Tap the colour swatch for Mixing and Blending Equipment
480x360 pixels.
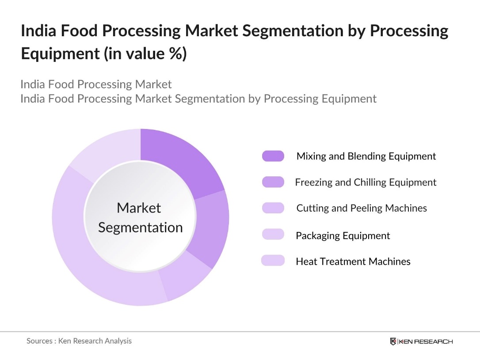coord(273,156)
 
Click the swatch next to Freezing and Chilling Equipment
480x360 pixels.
coord(273,182)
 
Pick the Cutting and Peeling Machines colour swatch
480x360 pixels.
coord(273,208)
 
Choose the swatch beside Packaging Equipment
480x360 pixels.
coord(273,235)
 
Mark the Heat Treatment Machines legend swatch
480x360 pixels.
coord(273,261)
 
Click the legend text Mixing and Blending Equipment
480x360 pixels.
coord(366,156)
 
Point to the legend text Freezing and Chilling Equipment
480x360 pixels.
coord(366,182)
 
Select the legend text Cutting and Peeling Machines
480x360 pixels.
coord(362,208)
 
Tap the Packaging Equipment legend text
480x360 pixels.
coord(343,235)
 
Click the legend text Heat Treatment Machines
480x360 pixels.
coord(353,261)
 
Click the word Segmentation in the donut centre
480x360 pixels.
coord(140,227)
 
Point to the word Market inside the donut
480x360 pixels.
coord(139,208)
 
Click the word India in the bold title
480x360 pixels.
coord(37,31)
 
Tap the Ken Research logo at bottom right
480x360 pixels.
coord(421,341)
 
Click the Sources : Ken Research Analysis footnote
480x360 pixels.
coord(79,341)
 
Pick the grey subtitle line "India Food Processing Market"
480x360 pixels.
coord(96,84)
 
